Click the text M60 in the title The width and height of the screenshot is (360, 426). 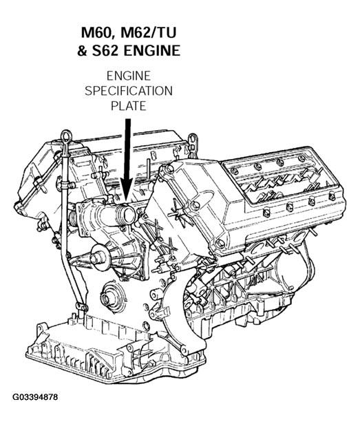[x=98, y=32]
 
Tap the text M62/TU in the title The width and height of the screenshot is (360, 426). [x=149, y=32]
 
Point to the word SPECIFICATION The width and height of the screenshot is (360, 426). [x=129, y=91]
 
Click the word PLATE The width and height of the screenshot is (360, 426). [x=129, y=106]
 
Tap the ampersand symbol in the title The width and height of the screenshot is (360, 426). [x=83, y=51]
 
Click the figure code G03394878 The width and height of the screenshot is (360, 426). [x=35, y=397]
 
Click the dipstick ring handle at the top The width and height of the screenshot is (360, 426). [x=67, y=136]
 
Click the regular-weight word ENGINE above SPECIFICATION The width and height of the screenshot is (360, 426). [x=129, y=76]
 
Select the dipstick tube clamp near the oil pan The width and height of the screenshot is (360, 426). [x=81, y=307]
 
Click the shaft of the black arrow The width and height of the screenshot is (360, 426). [x=127, y=149]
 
